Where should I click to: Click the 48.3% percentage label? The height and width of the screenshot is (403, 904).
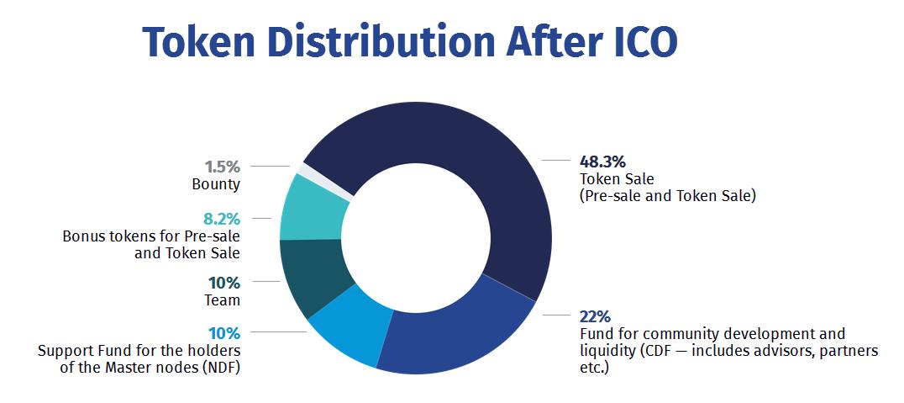coord(602,161)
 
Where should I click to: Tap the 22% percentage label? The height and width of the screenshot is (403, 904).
coord(594,316)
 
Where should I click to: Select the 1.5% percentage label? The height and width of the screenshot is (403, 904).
coord(222,167)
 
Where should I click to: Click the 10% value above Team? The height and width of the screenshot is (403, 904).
coord(223,283)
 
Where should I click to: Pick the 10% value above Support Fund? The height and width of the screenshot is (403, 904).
coord(223,332)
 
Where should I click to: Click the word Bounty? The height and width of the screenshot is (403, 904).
coord(216,184)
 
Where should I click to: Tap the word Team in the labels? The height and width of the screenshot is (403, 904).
coord(223,300)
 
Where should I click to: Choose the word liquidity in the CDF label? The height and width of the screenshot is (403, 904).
coord(607,350)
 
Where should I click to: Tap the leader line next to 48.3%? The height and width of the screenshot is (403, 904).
coord(554,159)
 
